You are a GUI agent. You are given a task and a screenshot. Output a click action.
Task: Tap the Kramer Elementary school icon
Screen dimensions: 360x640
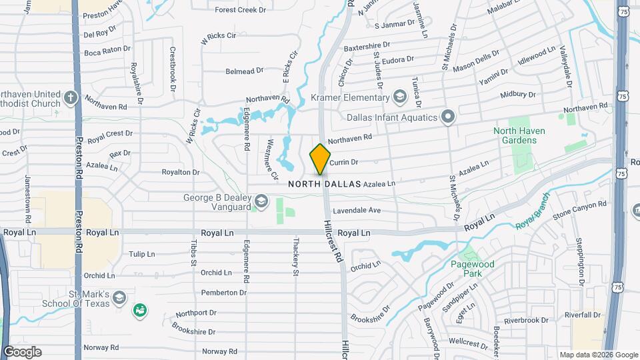[399, 98]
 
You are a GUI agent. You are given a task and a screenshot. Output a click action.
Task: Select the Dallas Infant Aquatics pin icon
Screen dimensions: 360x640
[448, 117]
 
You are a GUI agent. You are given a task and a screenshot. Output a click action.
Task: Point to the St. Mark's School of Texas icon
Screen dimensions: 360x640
[119, 297]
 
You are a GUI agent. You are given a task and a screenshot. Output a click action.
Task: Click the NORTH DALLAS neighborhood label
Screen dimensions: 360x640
[325, 183]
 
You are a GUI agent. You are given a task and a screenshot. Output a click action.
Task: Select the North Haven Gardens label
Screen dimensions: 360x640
[515, 135]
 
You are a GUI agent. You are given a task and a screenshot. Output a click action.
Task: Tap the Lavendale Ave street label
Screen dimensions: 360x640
[361, 210]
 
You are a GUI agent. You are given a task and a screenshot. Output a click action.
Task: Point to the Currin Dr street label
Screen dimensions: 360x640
[344, 162]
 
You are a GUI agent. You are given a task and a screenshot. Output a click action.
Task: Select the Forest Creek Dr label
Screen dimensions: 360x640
[241, 10]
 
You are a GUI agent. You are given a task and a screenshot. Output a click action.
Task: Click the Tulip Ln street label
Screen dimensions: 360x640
[141, 254]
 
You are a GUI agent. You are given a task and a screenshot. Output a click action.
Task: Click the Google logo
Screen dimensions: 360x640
[22, 352]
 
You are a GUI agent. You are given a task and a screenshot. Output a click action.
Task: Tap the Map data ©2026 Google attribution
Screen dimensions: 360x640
[598, 355]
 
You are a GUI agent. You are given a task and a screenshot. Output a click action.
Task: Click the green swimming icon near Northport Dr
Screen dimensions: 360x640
[140, 310]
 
